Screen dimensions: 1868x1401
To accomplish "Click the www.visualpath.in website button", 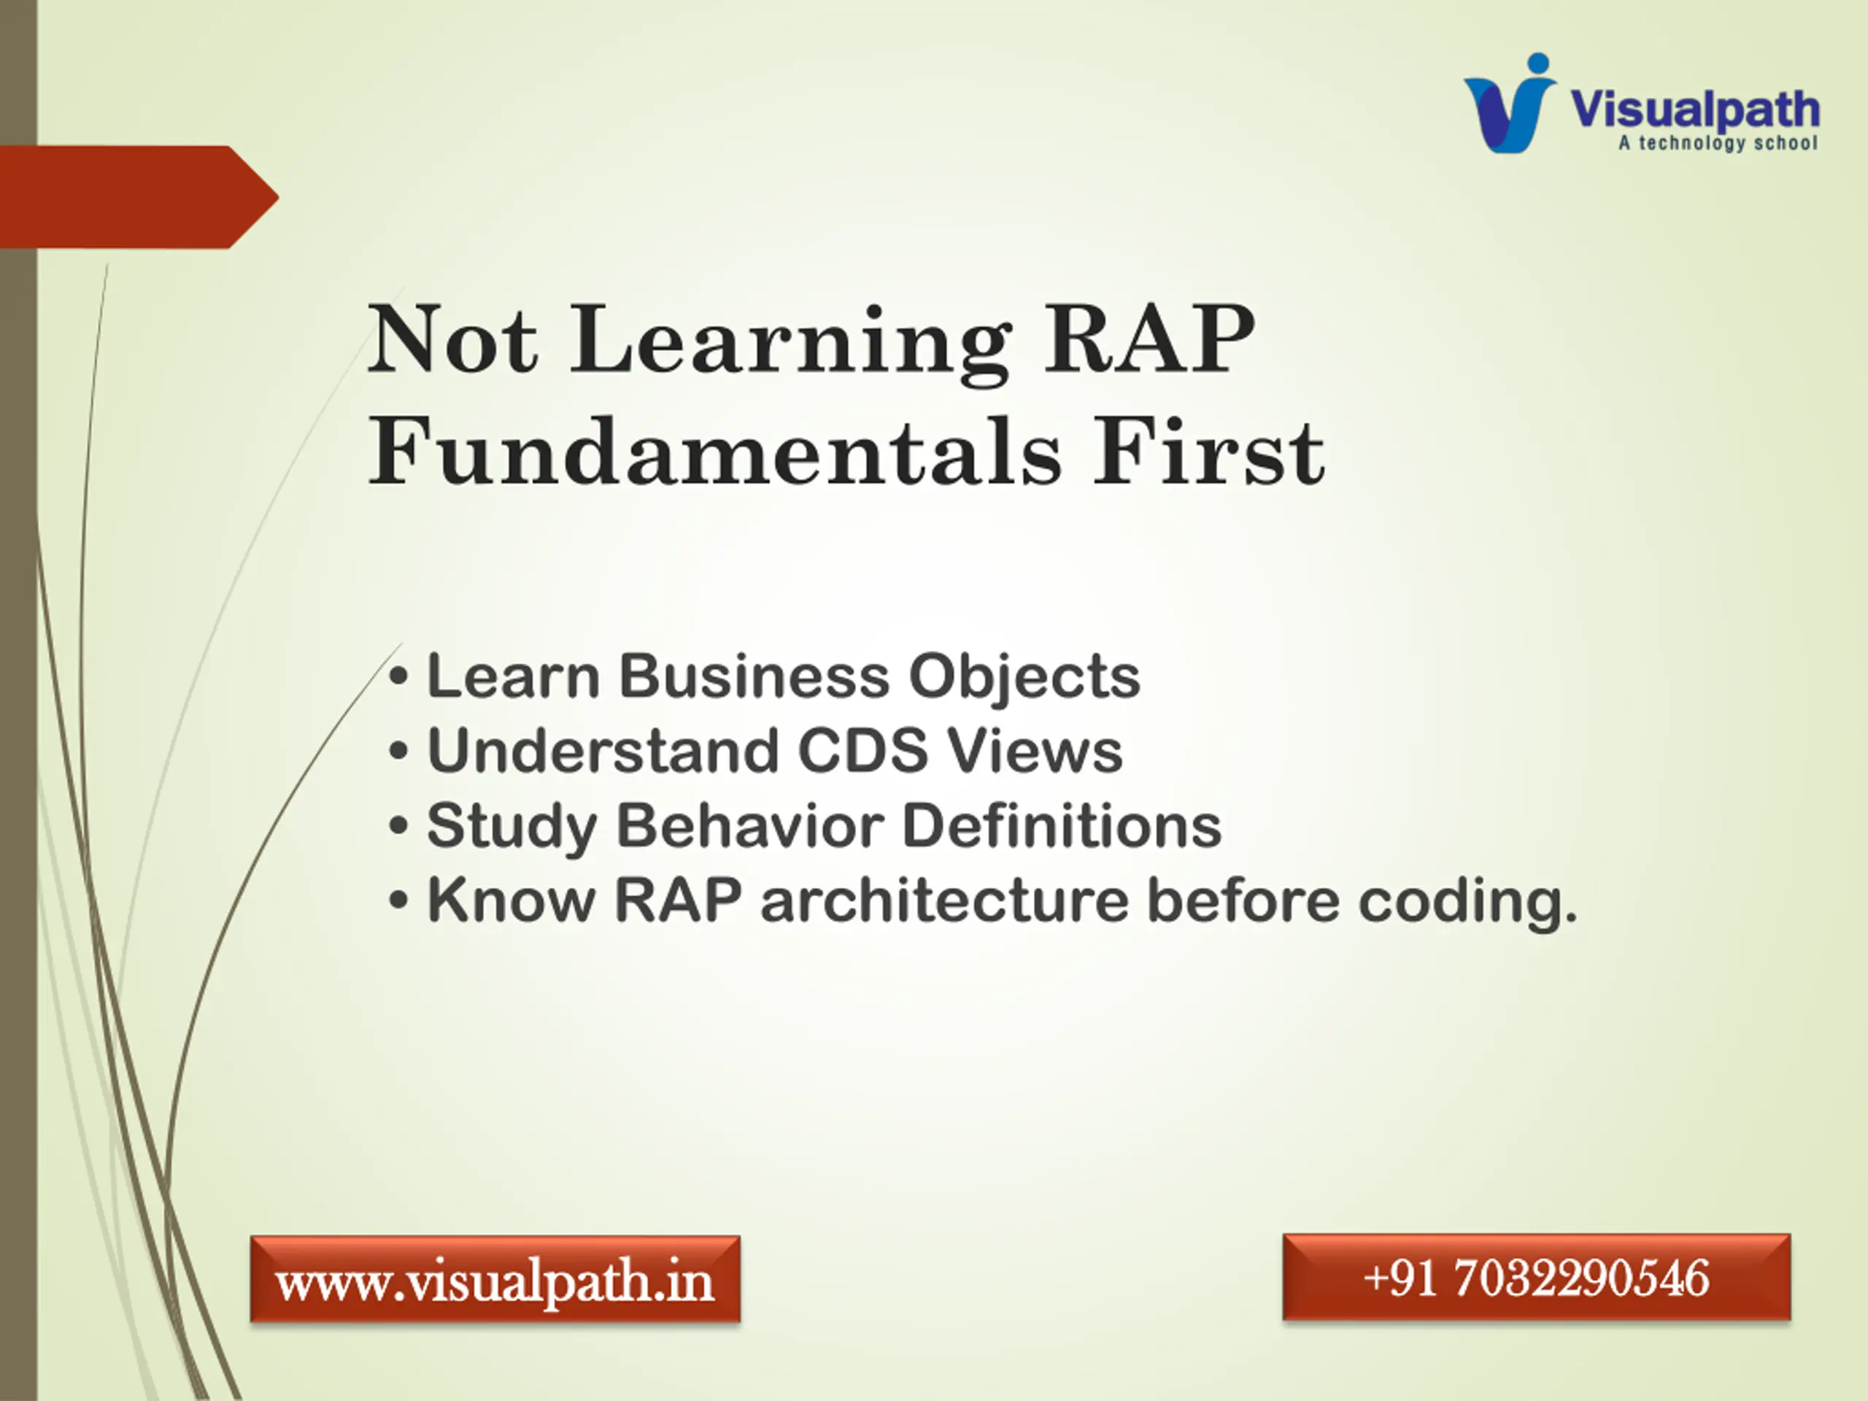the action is (495, 1278).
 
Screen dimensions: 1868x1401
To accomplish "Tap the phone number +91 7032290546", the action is (1536, 1277).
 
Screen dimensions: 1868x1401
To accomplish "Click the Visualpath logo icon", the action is (1510, 103).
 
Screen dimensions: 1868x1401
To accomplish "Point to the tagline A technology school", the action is (1718, 143).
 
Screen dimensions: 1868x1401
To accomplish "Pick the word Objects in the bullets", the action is (1024, 678).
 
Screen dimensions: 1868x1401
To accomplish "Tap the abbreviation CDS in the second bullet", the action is (862, 750).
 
